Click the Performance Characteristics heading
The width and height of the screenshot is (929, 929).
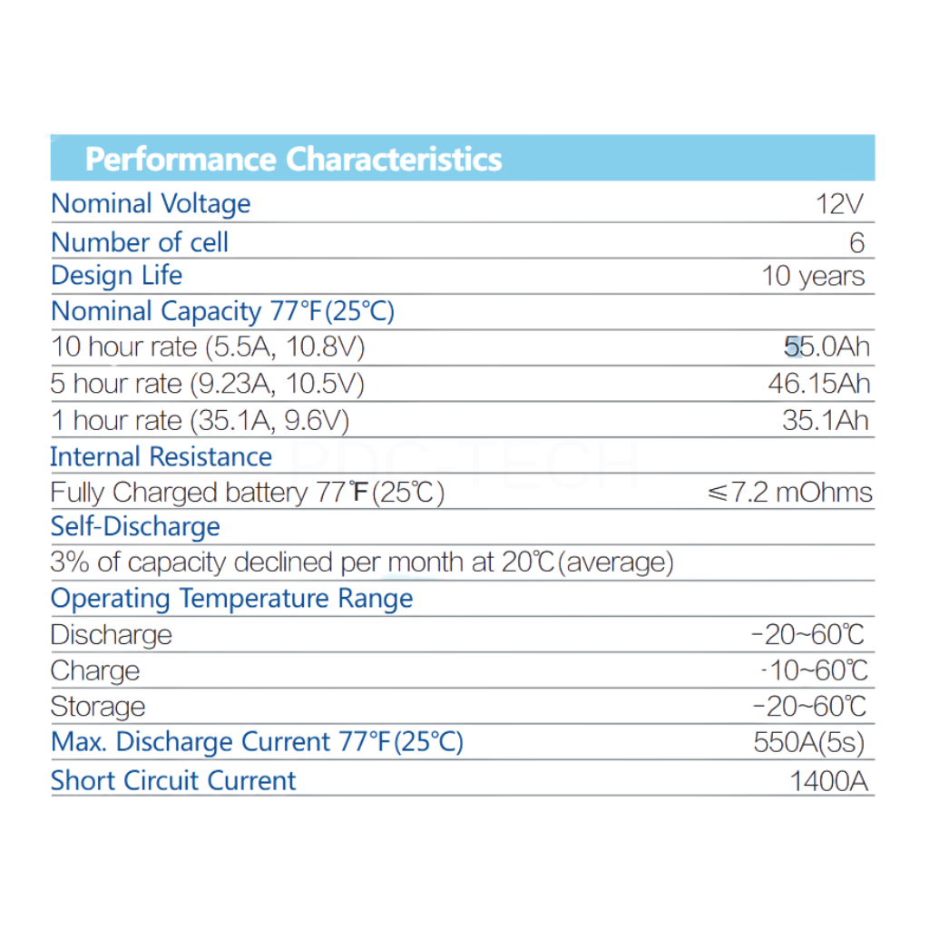point(293,160)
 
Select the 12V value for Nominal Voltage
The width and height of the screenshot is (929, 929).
point(840,204)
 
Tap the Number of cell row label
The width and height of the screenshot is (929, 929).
point(140,243)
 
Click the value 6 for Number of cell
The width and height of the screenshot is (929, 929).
point(857,243)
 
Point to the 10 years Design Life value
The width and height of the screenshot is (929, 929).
point(813,276)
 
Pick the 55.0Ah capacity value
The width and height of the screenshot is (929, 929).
point(826,347)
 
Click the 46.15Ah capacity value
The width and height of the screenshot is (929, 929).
point(818,384)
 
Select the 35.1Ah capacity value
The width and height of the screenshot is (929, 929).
point(825,420)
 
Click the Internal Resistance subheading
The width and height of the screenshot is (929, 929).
point(161,456)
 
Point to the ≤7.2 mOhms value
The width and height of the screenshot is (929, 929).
point(789,493)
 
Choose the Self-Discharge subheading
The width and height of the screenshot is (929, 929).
point(135,527)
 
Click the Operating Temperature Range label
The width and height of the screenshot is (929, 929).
point(231,599)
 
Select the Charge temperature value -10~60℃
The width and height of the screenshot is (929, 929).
point(814,670)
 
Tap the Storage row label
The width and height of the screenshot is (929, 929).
point(97,707)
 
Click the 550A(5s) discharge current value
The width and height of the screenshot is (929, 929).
point(808,743)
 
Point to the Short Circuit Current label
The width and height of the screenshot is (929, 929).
point(173,781)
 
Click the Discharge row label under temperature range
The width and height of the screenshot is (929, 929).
point(111,635)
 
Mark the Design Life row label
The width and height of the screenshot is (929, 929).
point(116,276)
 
